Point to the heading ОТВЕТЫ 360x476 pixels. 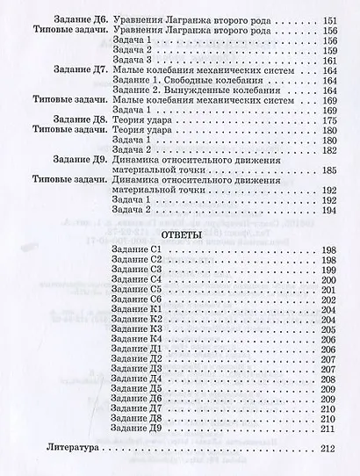click(x=159, y=235)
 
